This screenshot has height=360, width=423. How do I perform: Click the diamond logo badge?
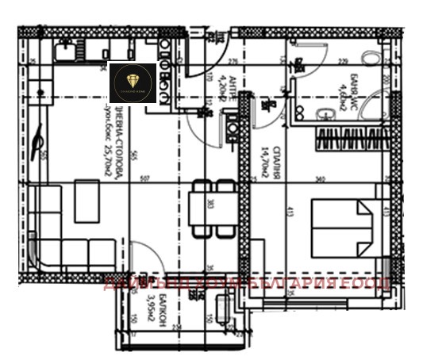pyautogui.click(x=132, y=83)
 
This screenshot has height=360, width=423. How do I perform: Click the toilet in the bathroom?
pyautogui.click(x=369, y=61)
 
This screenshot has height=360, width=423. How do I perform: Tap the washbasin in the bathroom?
pyautogui.click(x=324, y=117)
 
